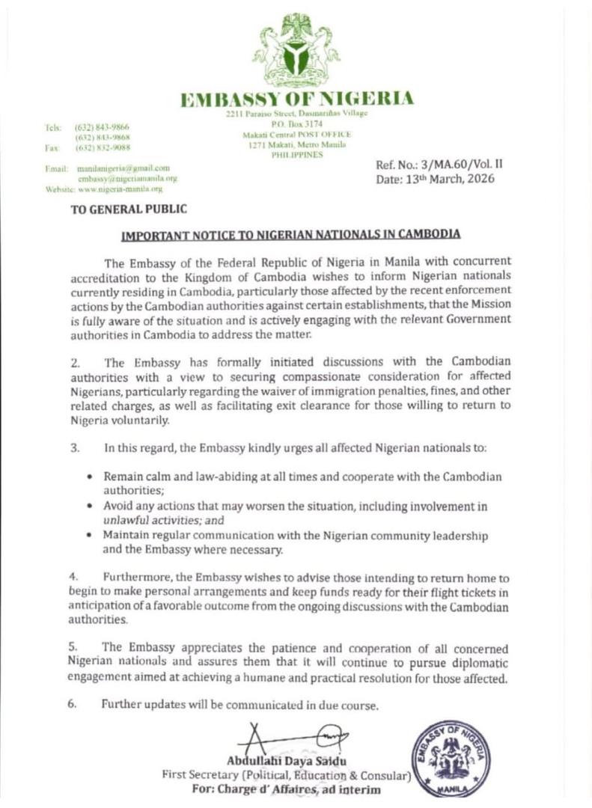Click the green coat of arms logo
[296, 49]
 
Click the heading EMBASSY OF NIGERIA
[296, 99]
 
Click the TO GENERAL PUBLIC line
[129, 210]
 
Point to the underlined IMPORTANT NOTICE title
[291, 234]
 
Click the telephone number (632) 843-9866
[102, 128]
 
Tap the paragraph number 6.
[73, 705]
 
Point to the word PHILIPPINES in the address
[297, 154]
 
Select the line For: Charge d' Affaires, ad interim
[286, 789]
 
